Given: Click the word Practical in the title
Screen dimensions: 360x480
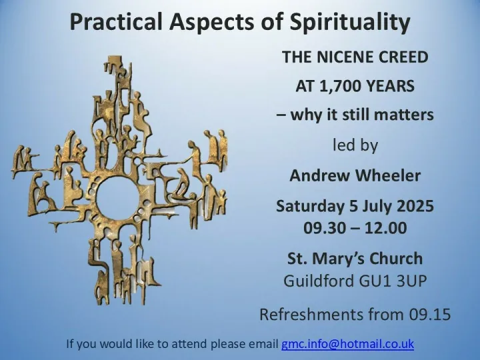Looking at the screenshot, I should [x=109, y=23].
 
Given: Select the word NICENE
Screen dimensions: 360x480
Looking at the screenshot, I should [x=347, y=57].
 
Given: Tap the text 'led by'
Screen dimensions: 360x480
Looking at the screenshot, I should [x=355, y=145].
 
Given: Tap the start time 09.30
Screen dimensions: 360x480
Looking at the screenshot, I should [x=326, y=227].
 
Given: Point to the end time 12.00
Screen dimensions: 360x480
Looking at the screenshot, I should [x=385, y=227].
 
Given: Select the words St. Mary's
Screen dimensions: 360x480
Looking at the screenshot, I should [x=327, y=258].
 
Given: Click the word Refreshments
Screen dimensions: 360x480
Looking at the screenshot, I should [x=315, y=313].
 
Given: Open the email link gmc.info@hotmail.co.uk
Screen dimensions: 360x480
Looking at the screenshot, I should [x=347, y=344].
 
